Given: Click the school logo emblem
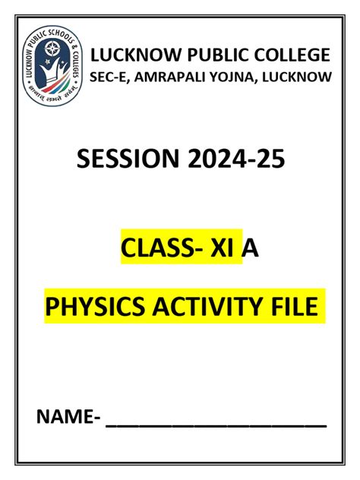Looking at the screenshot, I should click(52, 60).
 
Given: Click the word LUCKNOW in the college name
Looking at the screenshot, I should click(128, 55).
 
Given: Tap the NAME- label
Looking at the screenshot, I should click(69, 418).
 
